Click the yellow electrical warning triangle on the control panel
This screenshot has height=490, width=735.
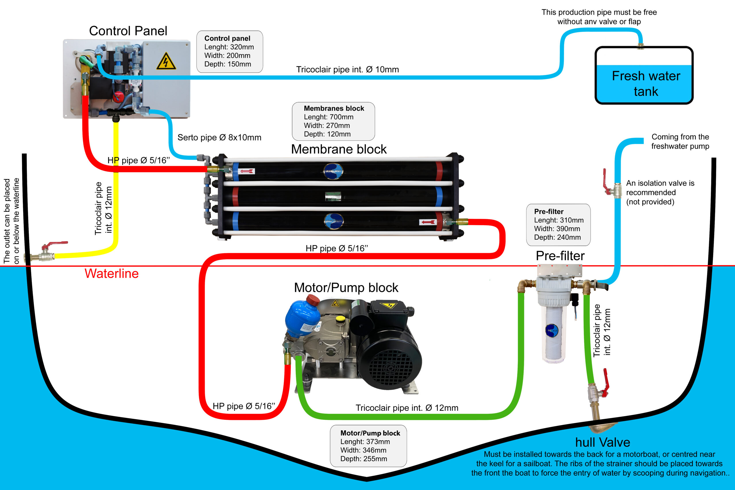pyautogui.click(x=166, y=61)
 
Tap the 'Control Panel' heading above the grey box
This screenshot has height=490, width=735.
pyautogui.click(x=128, y=31)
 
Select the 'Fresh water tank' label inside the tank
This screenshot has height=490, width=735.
pyautogui.click(x=646, y=84)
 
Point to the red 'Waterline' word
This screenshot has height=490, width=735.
pyautogui.click(x=112, y=274)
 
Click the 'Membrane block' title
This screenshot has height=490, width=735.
pyautogui.click(x=339, y=149)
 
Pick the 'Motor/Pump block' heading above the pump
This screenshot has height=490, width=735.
pyautogui.click(x=346, y=288)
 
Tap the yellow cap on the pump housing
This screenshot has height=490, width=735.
pyautogui.click(x=340, y=319)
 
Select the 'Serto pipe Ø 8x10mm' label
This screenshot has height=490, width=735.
pyautogui.click(x=219, y=137)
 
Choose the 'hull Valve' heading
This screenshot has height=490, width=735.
pyautogui.click(x=603, y=442)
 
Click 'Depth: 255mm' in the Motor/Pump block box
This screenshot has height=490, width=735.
pyautogui.click(x=364, y=459)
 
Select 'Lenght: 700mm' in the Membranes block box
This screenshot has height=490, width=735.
pyautogui.click(x=329, y=117)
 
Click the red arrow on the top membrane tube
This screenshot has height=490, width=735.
pyautogui.click(x=247, y=171)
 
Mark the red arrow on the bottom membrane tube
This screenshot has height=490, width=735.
pyautogui.click(x=428, y=222)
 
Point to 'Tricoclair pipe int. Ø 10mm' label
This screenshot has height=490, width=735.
pyautogui.click(x=347, y=69)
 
